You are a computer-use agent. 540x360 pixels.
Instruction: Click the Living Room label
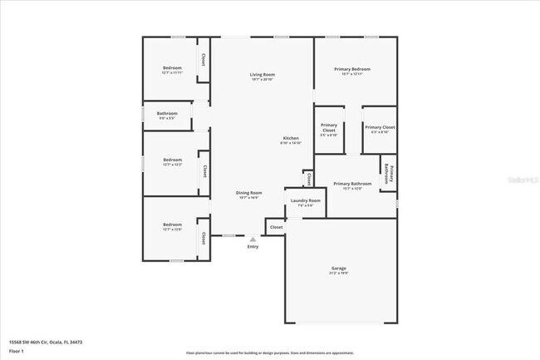(263, 75)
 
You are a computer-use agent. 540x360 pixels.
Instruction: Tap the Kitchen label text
(291, 138)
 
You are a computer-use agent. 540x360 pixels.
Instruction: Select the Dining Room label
(249, 193)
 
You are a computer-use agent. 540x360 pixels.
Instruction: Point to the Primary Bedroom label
(352, 69)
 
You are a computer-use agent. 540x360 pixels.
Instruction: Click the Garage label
(339, 268)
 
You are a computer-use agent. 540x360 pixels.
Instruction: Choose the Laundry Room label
(305, 200)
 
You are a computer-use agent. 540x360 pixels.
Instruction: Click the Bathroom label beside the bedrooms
(167, 113)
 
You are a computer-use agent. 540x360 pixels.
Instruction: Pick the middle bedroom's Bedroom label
(172, 160)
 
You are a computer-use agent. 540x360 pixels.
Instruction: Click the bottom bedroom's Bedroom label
(172, 224)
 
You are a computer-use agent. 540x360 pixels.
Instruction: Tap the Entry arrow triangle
(253, 238)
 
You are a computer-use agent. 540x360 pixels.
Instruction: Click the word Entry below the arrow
(253, 246)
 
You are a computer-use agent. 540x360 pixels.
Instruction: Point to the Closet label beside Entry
(276, 226)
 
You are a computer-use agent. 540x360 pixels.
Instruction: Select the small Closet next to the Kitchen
(307, 178)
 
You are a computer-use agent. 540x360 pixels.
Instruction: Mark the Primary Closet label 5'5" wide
(329, 129)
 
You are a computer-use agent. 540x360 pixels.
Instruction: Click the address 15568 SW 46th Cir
(46, 342)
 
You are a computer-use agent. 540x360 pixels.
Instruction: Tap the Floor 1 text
(17, 352)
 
